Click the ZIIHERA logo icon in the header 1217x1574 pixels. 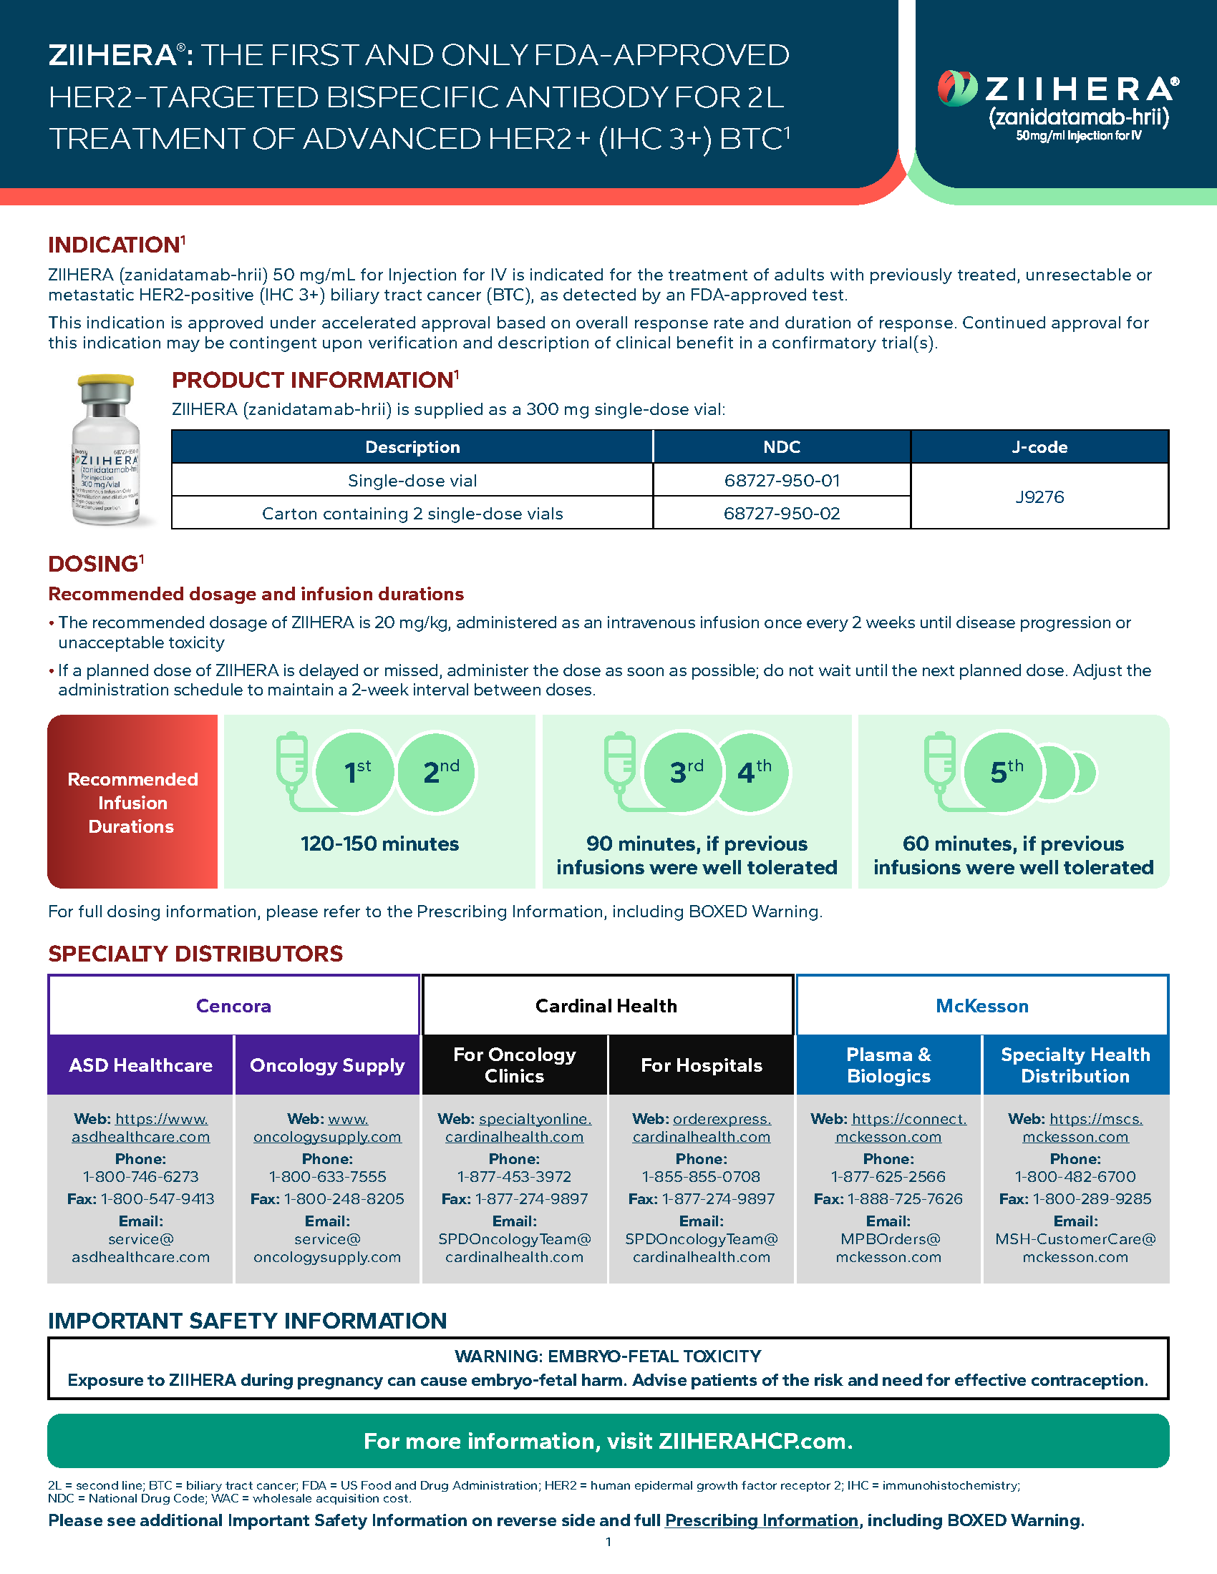(x=956, y=89)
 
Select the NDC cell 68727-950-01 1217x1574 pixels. (x=782, y=480)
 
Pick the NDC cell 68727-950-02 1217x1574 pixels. (x=782, y=513)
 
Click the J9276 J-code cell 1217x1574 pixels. (x=1039, y=497)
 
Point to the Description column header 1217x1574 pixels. (x=412, y=447)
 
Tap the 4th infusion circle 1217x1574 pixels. (x=753, y=772)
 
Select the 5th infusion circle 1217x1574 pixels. (x=1004, y=772)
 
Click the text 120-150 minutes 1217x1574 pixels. (x=380, y=844)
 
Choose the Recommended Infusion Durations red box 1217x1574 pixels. (x=132, y=802)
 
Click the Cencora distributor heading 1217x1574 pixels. (x=233, y=1006)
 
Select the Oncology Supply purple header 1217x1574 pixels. (x=327, y=1065)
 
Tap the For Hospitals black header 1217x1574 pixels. (x=702, y=1065)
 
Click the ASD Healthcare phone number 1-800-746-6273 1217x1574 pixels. (x=140, y=1176)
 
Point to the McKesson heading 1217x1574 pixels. (x=982, y=1006)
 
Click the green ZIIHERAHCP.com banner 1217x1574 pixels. (x=608, y=1441)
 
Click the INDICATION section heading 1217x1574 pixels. (x=114, y=245)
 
